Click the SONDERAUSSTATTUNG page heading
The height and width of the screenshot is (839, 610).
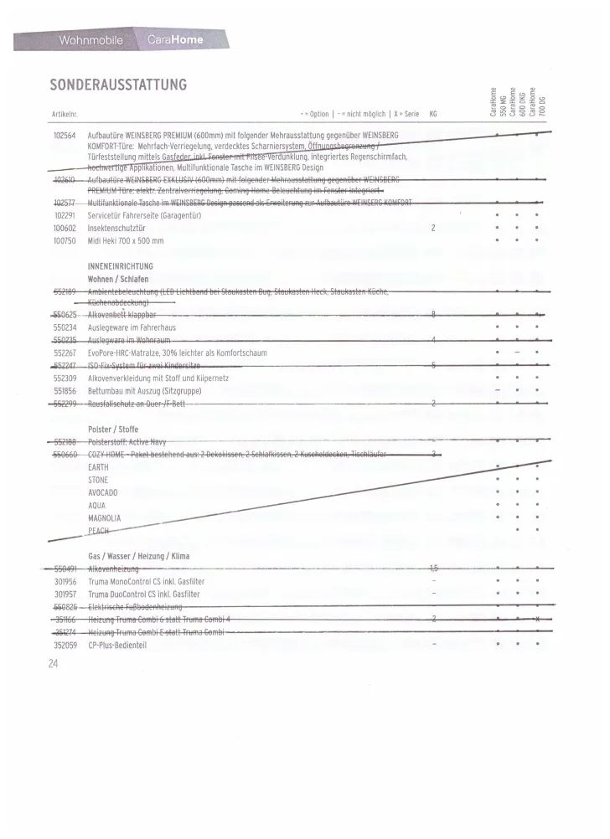click(x=117, y=86)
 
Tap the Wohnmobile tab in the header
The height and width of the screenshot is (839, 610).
click(x=91, y=40)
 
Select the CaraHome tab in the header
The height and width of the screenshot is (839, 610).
click(x=174, y=40)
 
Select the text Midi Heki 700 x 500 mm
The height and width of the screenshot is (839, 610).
click(x=126, y=240)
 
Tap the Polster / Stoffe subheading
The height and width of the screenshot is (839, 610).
click(x=113, y=430)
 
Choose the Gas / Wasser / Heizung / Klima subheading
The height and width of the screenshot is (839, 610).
click(x=138, y=556)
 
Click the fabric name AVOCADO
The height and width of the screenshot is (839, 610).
click(x=103, y=492)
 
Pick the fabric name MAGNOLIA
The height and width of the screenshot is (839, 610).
click(x=104, y=517)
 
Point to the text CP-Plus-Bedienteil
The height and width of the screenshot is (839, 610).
click(x=117, y=645)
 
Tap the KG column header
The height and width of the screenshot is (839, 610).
click(x=433, y=114)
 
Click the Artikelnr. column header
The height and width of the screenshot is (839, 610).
click(x=65, y=114)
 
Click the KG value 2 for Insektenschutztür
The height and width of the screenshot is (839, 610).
click(x=433, y=227)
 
